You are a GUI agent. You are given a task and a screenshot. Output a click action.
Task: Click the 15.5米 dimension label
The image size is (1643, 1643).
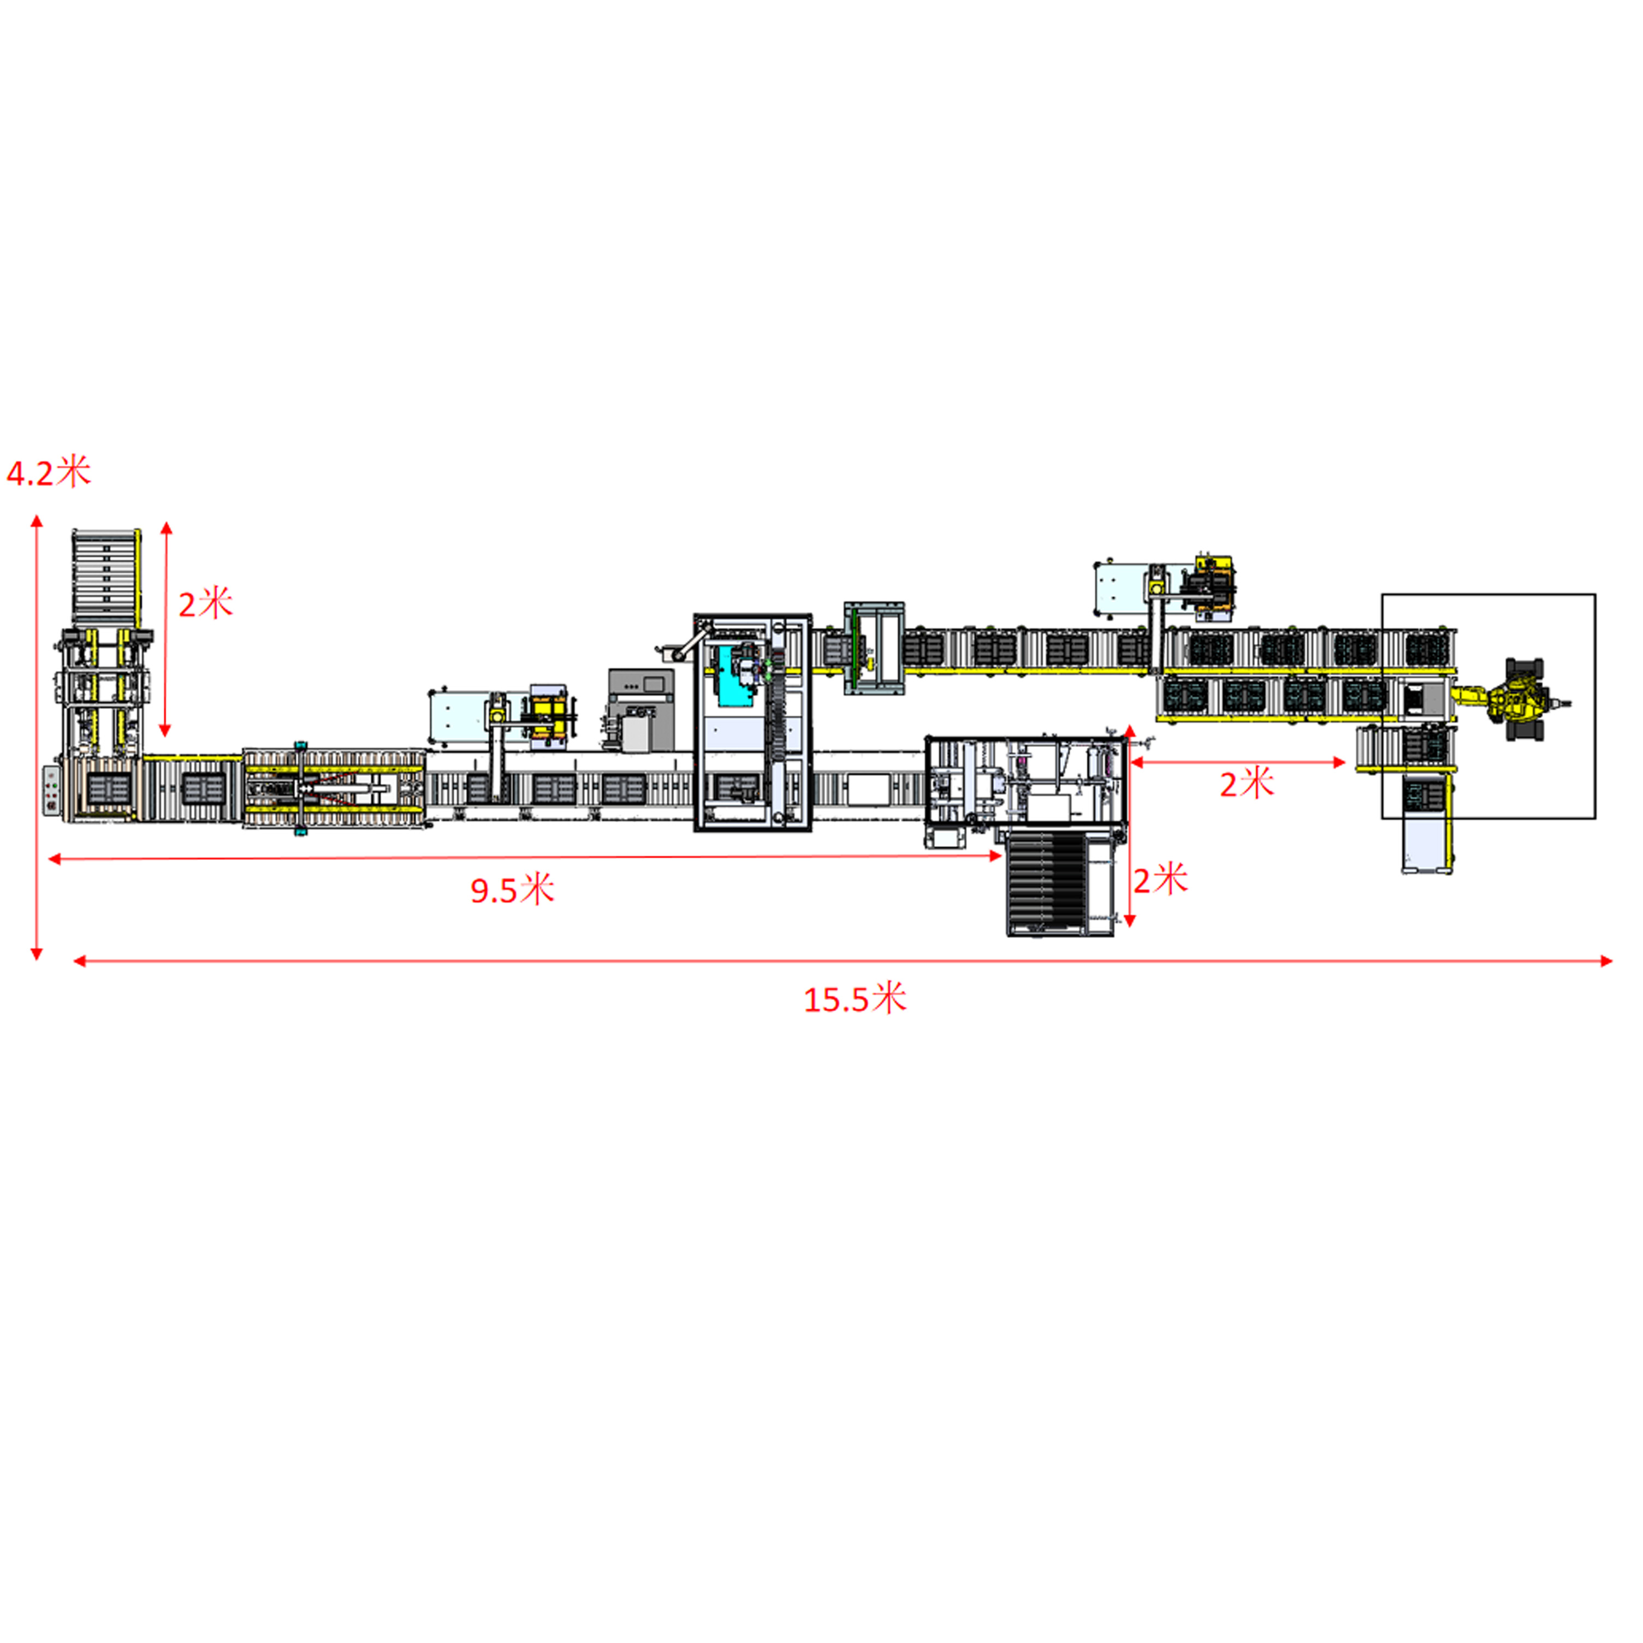point(855,998)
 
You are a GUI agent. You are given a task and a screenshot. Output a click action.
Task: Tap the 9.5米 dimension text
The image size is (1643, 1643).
point(512,889)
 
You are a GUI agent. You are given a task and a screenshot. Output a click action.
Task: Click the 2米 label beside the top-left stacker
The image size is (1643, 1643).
point(205,604)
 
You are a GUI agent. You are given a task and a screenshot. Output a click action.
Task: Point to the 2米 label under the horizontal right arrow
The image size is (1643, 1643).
point(1247,783)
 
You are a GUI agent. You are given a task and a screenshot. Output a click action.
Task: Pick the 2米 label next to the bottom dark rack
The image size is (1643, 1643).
point(1160,879)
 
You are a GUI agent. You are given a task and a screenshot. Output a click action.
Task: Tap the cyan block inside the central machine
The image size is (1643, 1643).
point(733,676)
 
